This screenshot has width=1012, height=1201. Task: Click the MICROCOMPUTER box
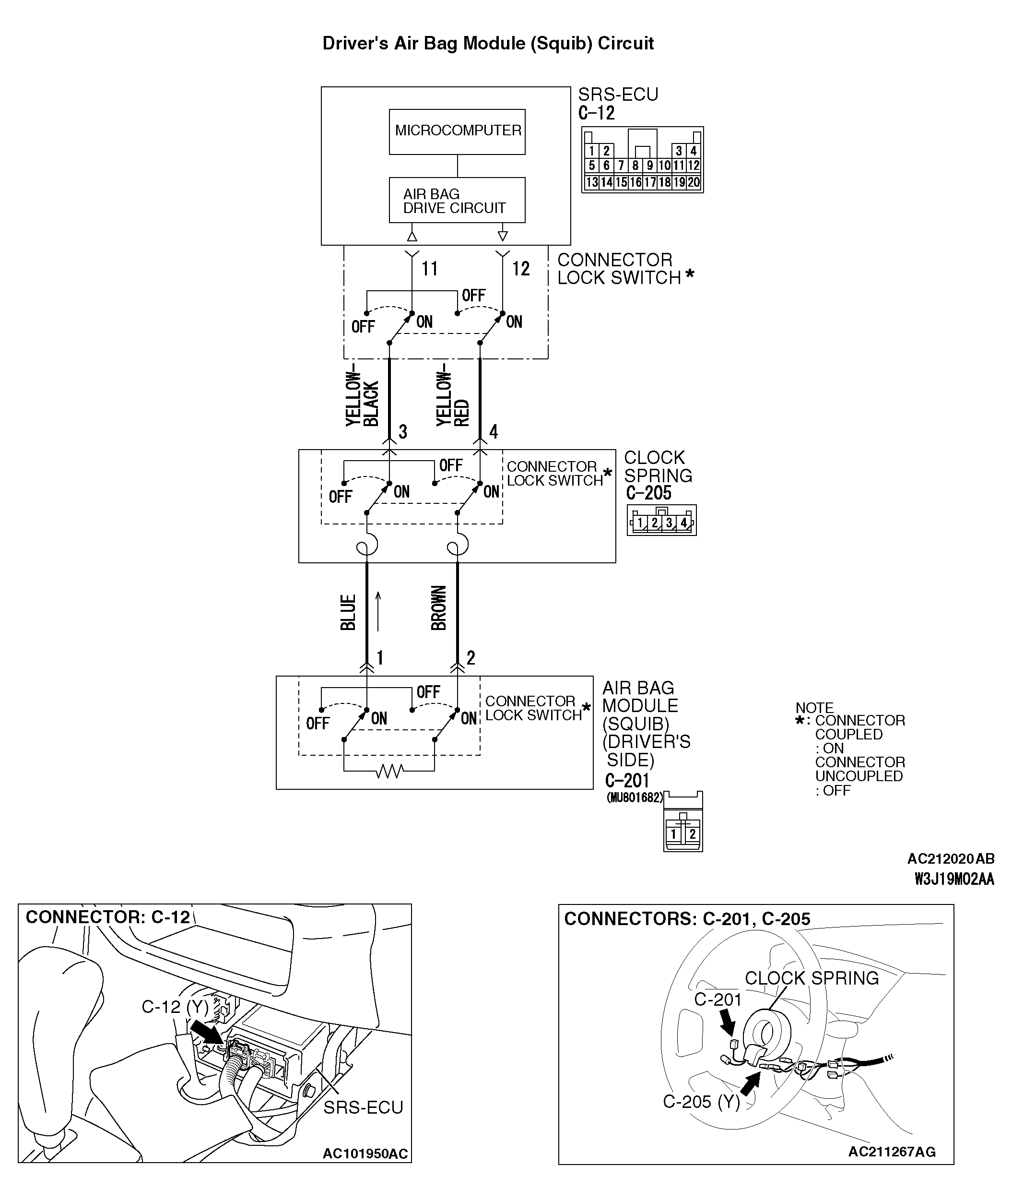pyautogui.click(x=457, y=131)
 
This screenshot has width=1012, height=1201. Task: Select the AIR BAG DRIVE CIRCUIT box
pyautogui.click(x=457, y=200)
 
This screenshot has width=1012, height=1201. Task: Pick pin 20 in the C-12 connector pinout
pyautogui.click(x=694, y=182)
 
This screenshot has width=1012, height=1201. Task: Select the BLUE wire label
pyautogui.click(x=348, y=612)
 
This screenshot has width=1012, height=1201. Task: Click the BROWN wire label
pyautogui.click(x=438, y=607)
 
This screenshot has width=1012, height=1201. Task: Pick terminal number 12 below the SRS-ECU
pyautogui.click(x=520, y=269)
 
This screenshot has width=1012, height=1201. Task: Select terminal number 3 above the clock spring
pyautogui.click(x=403, y=431)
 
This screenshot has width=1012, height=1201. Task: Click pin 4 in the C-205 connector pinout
pyautogui.click(x=683, y=523)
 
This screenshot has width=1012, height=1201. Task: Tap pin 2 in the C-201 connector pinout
pyautogui.click(x=693, y=834)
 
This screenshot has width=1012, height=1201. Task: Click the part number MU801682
pyautogui.click(x=635, y=797)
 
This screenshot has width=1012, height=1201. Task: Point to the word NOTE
pyautogui.click(x=814, y=708)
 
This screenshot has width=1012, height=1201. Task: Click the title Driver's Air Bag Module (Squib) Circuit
pyautogui.click(x=488, y=44)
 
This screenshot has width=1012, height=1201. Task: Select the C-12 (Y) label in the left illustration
pyautogui.click(x=175, y=1007)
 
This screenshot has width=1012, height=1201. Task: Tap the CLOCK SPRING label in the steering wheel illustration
pyautogui.click(x=811, y=978)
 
